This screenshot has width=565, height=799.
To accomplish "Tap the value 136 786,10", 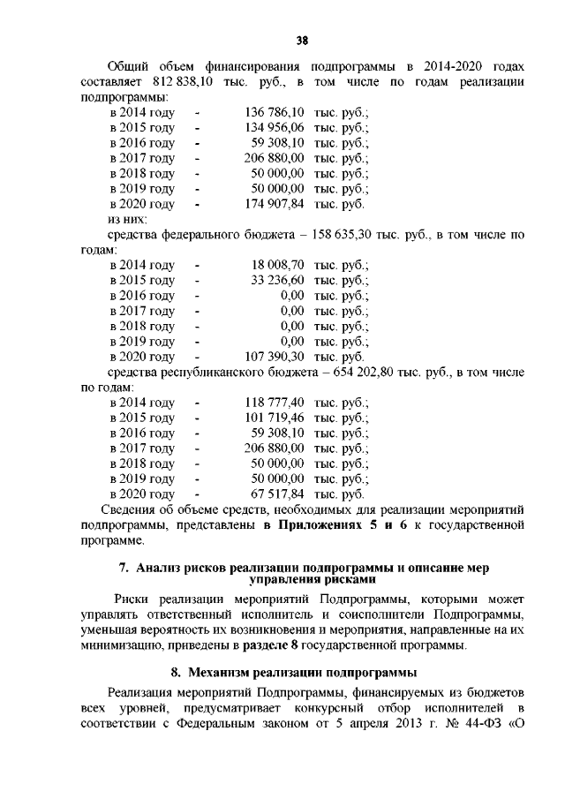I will coord(274,113).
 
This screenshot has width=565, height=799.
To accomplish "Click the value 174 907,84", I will coord(274,204).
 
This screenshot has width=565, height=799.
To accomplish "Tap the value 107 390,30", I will coord(274,357).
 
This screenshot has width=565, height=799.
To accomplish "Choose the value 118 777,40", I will coord(274,403).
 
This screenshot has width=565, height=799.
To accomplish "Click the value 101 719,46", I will coord(274,418).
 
